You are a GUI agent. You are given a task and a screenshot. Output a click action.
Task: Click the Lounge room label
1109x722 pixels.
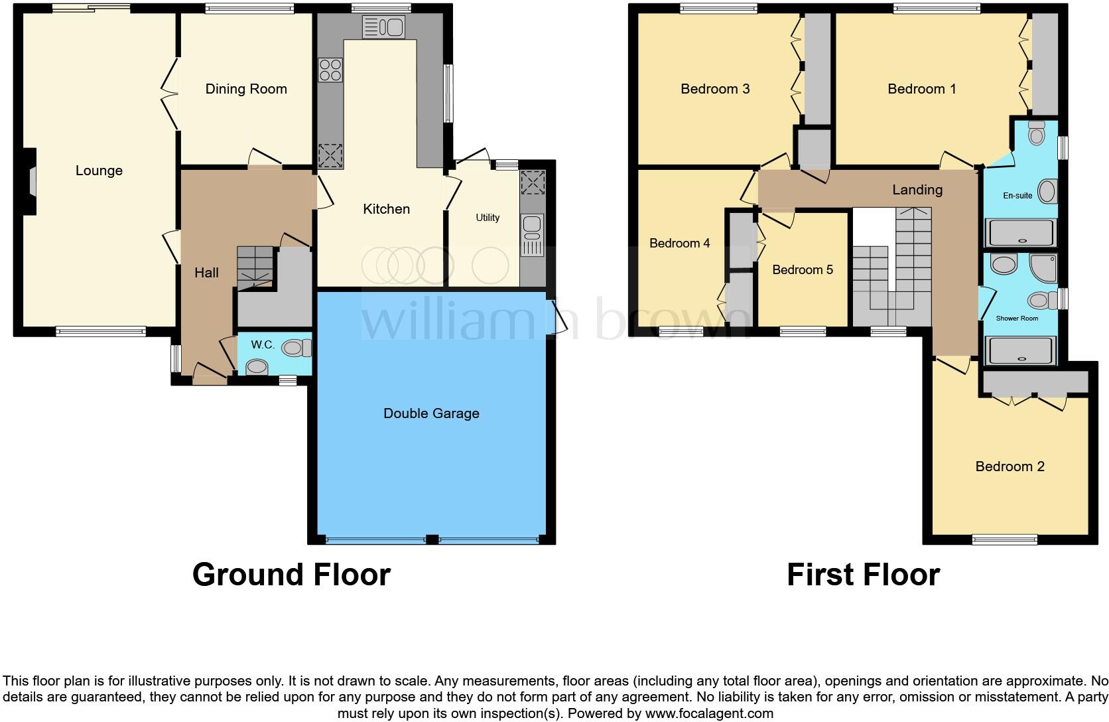[99, 171]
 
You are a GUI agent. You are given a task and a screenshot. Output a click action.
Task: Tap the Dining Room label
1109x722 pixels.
[246, 89]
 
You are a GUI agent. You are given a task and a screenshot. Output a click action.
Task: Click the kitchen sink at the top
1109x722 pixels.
[383, 27]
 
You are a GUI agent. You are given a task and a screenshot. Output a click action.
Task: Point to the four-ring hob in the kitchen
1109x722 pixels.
[330, 70]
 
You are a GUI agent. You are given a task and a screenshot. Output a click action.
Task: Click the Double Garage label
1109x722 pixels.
[431, 413]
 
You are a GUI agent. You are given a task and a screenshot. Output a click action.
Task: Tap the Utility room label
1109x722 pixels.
[488, 218]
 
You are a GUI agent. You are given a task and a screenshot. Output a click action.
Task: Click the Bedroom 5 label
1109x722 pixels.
[803, 269]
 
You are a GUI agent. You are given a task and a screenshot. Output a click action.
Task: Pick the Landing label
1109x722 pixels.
[917, 190]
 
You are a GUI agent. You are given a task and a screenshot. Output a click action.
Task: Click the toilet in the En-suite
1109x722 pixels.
[1035, 134]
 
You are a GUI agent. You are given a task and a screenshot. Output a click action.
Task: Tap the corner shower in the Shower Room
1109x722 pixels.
[1043, 266]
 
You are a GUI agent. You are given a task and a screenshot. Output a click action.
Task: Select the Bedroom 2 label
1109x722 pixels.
[1010, 467]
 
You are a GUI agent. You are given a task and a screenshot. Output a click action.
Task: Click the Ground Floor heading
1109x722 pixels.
[291, 574]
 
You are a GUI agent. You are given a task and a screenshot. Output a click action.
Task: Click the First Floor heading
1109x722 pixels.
[863, 574]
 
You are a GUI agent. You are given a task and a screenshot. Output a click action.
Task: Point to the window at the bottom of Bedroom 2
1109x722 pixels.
[1004, 540]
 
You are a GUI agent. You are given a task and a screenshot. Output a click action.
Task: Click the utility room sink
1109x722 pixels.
[532, 235]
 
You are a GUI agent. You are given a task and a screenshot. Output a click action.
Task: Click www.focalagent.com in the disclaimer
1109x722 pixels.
[709, 714]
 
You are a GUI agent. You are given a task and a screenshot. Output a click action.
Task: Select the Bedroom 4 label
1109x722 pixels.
[679, 243]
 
